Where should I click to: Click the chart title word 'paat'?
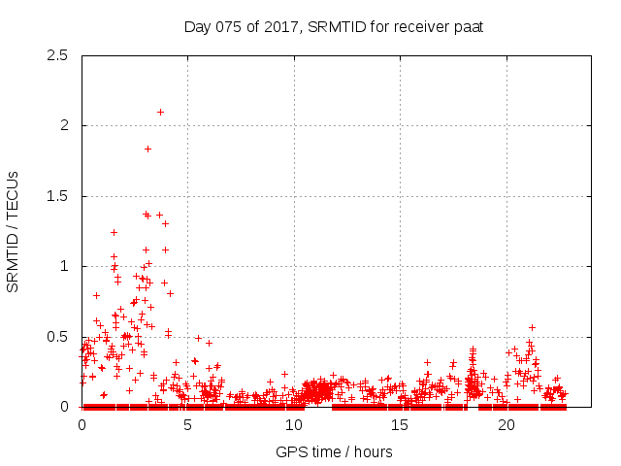[x=467, y=26]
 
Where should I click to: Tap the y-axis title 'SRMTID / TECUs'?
[x=14, y=231]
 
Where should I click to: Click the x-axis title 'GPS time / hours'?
[x=334, y=451]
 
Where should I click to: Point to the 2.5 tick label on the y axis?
[x=59, y=55]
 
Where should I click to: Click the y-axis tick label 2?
[x=64, y=125]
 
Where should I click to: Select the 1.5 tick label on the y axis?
[x=59, y=196]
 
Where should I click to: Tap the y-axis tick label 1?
[x=64, y=266]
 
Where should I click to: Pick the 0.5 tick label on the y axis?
[x=59, y=337]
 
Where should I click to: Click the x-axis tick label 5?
[x=188, y=424]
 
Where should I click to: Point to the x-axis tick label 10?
[x=294, y=424]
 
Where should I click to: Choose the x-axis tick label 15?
[x=401, y=424]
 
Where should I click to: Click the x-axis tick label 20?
[x=507, y=424]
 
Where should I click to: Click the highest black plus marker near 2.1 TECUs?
[x=160, y=112]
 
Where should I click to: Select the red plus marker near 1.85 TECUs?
[x=147, y=149]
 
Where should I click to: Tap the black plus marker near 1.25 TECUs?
[x=114, y=232]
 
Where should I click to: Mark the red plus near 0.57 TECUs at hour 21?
[x=532, y=327]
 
